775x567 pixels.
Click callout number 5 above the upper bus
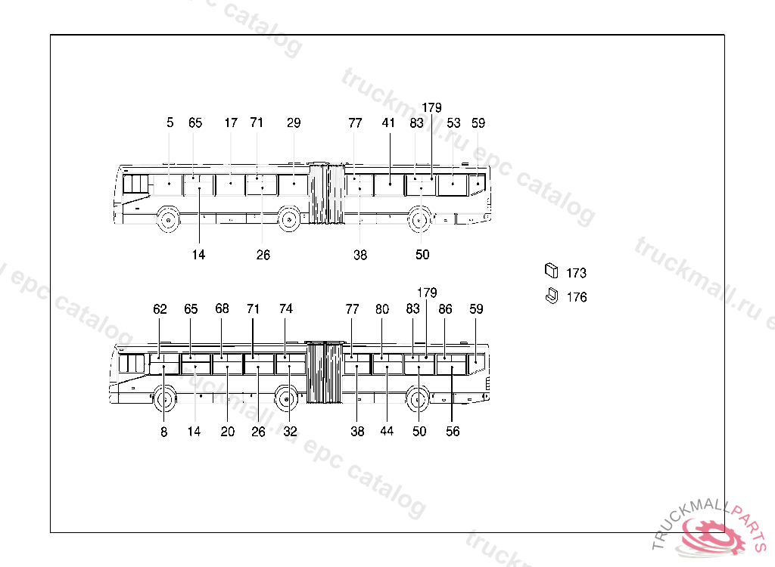click(x=170, y=122)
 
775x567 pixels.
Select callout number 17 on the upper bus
click(x=231, y=122)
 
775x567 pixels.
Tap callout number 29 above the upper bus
click(x=294, y=122)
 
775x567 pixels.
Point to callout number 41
click(x=388, y=122)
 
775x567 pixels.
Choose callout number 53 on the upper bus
click(x=453, y=122)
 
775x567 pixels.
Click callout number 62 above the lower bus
click(x=160, y=309)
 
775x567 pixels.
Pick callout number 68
click(x=222, y=308)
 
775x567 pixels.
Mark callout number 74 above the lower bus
click(x=285, y=308)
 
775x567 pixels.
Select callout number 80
click(x=382, y=309)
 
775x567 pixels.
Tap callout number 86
click(x=445, y=309)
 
